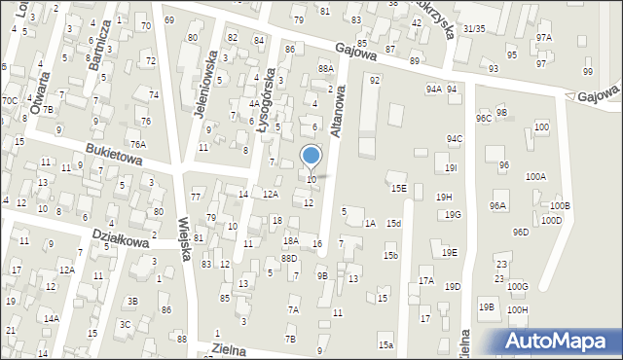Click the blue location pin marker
point(311,156)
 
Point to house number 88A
point(325,68)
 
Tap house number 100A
point(535,177)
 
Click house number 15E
point(398,188)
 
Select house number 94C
point(455,139)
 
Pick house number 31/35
point(473,29)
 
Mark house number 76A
point(138,144)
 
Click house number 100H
point(517,309)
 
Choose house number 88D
point(289,259)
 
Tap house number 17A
point(425,280)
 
